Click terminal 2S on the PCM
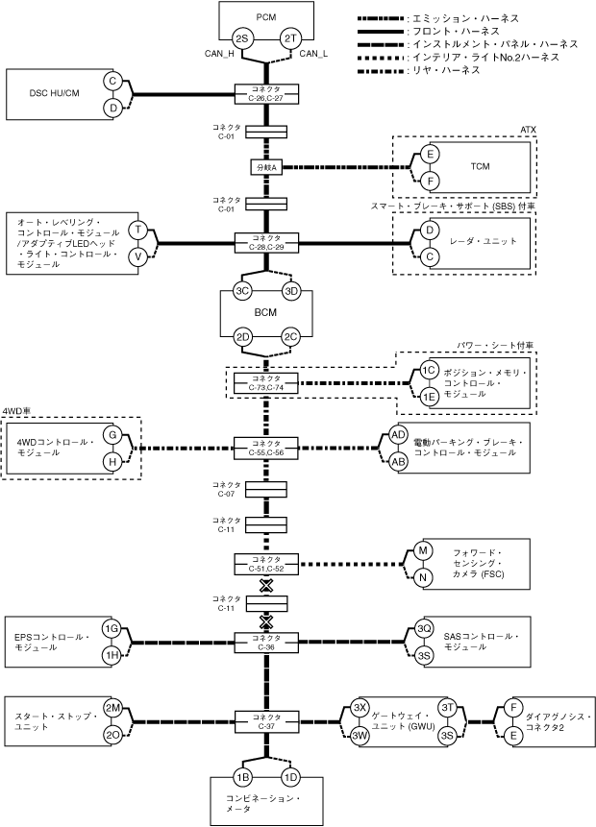click(x=242, y=38)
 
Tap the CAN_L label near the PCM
click(x=314, y=54)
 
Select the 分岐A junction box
click(x=265, y=167)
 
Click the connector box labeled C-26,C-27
click(x=265, y=93)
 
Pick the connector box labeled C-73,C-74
click(x=265, y=381)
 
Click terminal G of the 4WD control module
click(x=112, y=435)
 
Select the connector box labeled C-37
click(x=265, y=719)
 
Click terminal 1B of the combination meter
click(x=242, y=777)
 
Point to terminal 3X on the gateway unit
click(x=360, y=708)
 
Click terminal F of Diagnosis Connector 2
click(x=514, y=708)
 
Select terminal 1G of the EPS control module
click(x=112, y=628)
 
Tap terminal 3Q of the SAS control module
click(x=424, y=628)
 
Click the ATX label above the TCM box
click(x=528, y=128)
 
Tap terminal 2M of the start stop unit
click(x=112, y=708)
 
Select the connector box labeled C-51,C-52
click(x=265, y=562)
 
